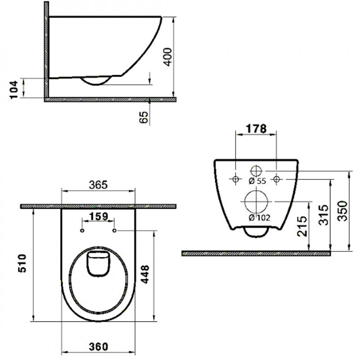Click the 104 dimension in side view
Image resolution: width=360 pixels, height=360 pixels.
click(x=14, y=88)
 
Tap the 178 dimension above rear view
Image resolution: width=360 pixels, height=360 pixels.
click(x=255, y=128)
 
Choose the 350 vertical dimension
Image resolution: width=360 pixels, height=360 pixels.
click(x=343, y=210)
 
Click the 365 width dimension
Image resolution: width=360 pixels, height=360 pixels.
click(x=98, y=184)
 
